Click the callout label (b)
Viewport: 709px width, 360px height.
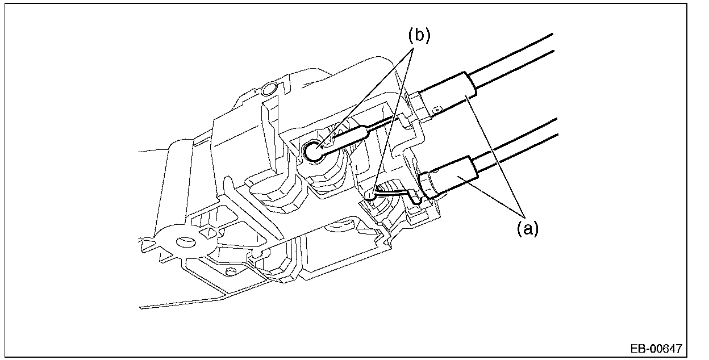[x=419, y=35]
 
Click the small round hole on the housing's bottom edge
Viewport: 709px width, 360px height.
[x=230, y=272]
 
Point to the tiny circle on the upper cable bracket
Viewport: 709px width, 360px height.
[x=437, y=106]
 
